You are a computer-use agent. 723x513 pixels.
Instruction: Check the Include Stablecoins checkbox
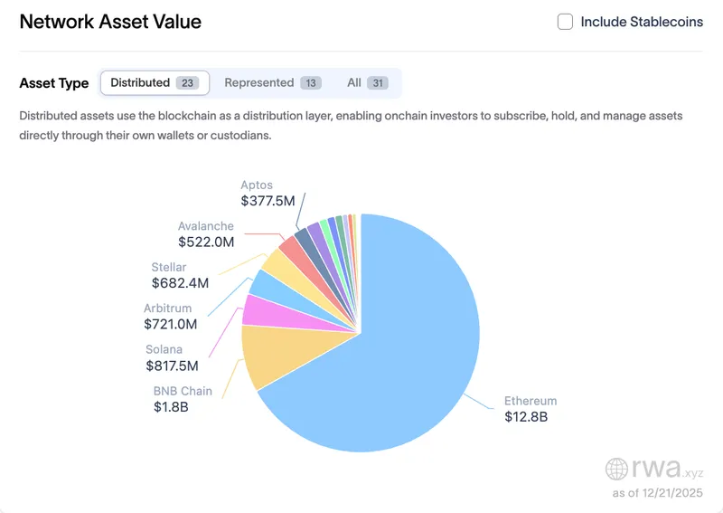pos(565,22)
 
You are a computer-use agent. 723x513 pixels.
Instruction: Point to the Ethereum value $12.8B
pos(526,417)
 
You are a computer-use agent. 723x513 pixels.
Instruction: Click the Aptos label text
pos(257,185)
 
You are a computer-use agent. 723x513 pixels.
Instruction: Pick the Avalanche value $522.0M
pos(206,242)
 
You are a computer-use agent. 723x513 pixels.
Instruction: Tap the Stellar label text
pos(169,267)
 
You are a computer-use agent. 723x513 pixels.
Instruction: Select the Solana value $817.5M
pos(172,366)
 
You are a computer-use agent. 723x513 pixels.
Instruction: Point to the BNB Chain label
pos(183,391)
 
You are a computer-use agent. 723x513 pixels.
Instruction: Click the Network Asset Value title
pos(110,22)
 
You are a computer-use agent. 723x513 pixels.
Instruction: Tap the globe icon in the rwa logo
pos(616,469)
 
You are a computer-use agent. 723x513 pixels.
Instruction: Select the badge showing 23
pos(187,83)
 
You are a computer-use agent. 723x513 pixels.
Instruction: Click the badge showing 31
pos(378,83)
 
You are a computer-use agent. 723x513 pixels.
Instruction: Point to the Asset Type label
pos(54,83)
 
